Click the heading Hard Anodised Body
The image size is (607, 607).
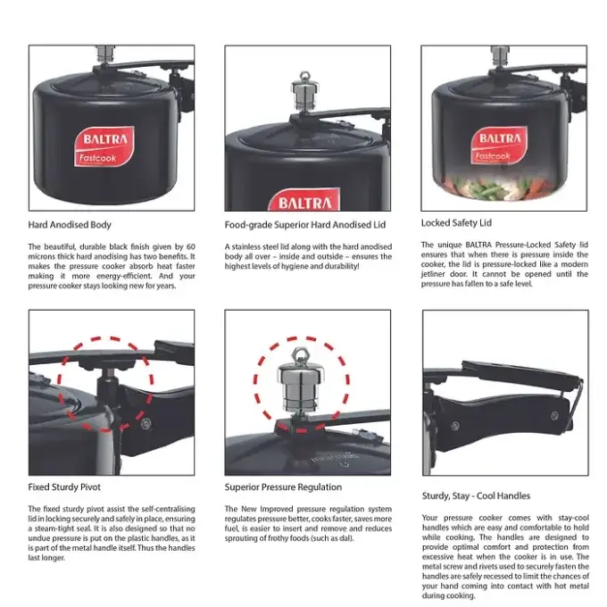click(70, 225)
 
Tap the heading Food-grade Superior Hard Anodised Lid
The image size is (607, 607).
click(305, 225)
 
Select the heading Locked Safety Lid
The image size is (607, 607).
click(456, 223)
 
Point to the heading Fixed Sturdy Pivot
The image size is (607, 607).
click(64, 487)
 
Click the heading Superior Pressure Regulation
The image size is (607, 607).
click(283, 487)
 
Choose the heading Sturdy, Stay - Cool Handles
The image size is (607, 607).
click(476, 496)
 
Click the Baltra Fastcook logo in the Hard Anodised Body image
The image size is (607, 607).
click(104, 146)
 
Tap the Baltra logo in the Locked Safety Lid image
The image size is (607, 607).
click(499, 146)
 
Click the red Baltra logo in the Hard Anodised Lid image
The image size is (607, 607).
click(304, 200)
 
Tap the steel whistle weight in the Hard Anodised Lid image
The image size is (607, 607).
click(305, 91)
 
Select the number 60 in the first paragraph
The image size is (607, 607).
click(191, 246)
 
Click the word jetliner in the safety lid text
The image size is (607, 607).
click(433, 274)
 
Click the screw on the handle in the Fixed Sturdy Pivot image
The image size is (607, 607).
click(146, 424)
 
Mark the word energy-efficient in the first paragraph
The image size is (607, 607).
click(123, 276)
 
